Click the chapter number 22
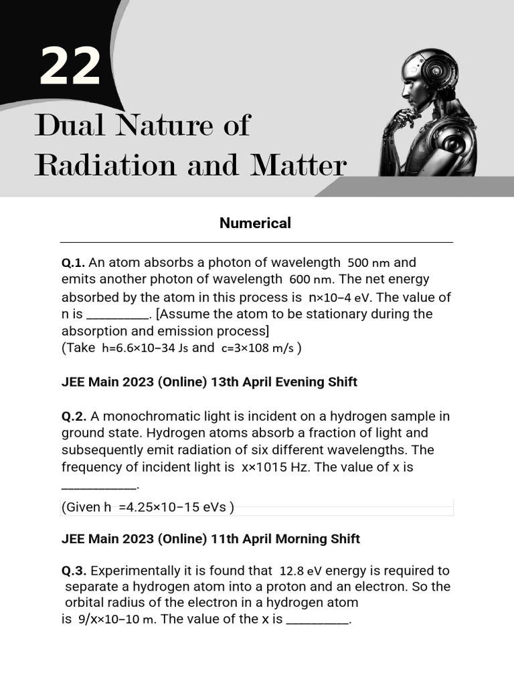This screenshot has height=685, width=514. click(x=70, y=68)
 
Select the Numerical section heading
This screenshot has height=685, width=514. click(x=255, y=223)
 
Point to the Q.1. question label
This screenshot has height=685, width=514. click(x=74, y=262)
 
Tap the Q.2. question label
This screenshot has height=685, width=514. click(x=74, y=416)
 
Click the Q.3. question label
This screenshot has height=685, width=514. click(x=74, y=571)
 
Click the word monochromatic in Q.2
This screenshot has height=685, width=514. click(x=151, y=416)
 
